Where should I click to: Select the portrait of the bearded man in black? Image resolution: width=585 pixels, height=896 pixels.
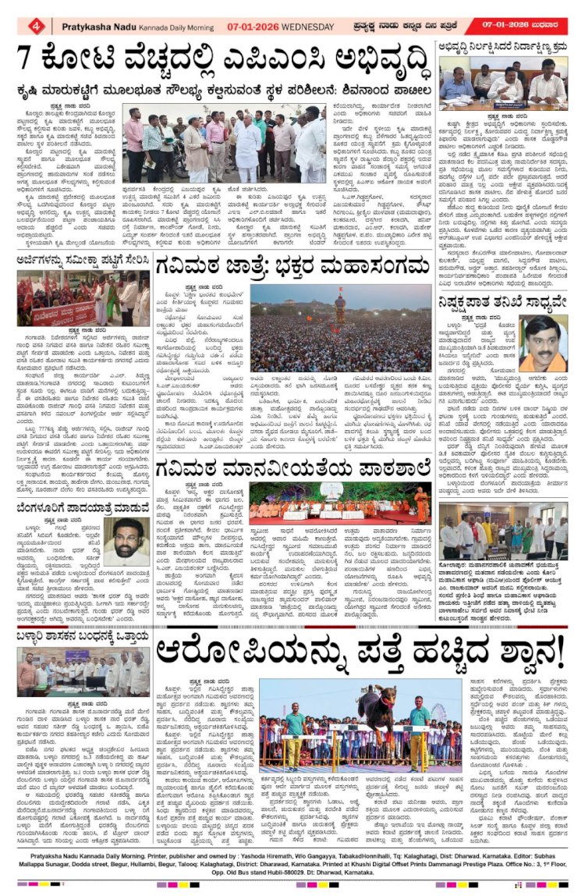tap(126, 542)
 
